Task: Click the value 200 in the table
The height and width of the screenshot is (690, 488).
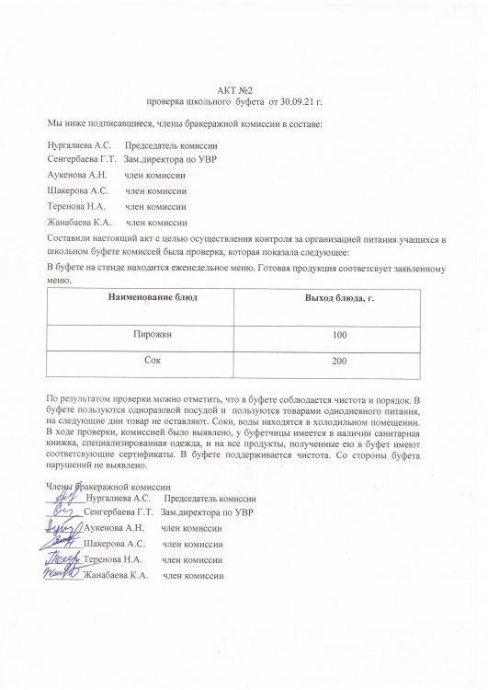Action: (x=339, y=362)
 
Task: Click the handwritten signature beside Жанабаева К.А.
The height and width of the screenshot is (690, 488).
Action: (x=62, y=575)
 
